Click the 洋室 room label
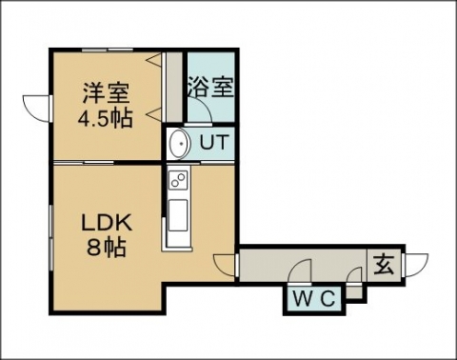106,93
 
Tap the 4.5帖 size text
106,118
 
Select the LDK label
107,224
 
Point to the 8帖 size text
107,247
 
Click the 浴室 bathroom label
211,87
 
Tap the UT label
214,142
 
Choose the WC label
313,299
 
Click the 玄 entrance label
385,265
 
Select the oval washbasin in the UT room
179,144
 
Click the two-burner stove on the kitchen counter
178,179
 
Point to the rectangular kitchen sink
178,215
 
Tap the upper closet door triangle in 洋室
155,59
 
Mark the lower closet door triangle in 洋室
155,114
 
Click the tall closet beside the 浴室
174,87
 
